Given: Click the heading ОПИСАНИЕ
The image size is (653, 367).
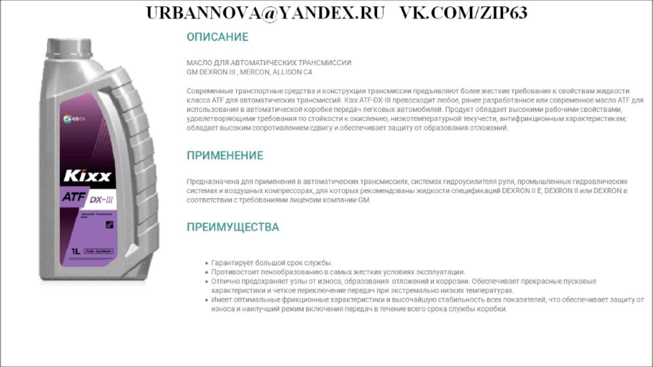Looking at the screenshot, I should point(217,37).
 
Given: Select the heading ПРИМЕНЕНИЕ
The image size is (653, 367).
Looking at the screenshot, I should point(225,155).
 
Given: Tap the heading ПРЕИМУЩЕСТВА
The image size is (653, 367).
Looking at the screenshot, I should point(233,227).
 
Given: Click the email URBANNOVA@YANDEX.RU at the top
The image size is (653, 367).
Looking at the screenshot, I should point(265,13).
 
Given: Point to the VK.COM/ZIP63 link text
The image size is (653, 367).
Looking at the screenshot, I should point(463,13).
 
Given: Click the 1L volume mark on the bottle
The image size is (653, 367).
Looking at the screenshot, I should point(75,251).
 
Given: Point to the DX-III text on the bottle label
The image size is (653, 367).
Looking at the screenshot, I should point(102,199).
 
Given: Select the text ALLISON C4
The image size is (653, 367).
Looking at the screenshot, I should point(292,72).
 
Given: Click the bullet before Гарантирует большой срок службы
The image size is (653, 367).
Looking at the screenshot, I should point(206,263).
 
